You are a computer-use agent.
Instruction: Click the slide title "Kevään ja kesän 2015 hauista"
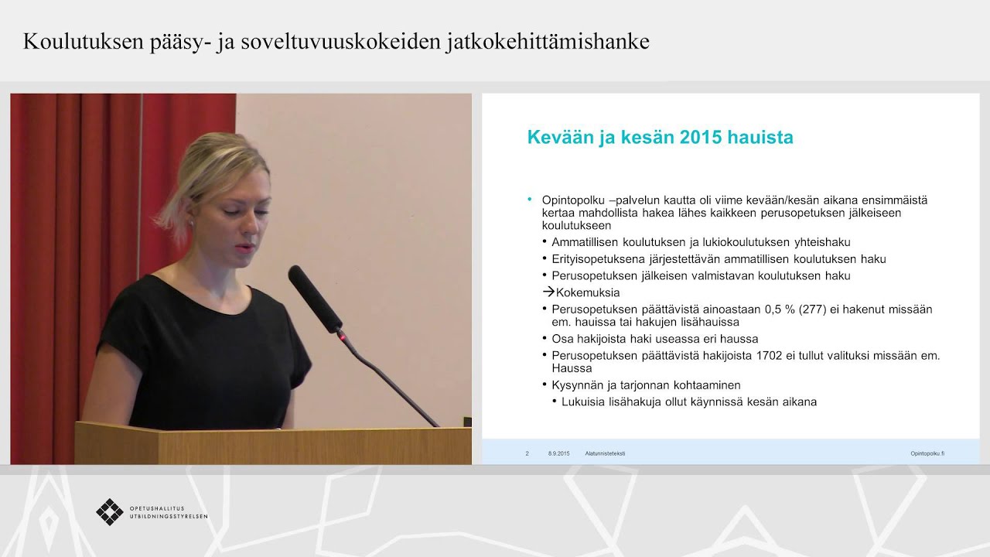point(660,138)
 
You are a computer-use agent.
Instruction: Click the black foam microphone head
point(315,298)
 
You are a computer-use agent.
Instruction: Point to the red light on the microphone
point(338,336)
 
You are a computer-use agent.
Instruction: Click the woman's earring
point(191,221)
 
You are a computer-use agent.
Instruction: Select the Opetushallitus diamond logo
point(110,511)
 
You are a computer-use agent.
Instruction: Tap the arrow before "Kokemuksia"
point(548,292)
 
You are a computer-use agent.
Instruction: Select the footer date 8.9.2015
point(558,453)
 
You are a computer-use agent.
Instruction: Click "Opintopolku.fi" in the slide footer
point(927,453)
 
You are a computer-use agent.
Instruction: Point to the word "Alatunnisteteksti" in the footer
point(605,453)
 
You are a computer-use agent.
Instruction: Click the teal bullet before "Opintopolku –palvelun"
point(530,200)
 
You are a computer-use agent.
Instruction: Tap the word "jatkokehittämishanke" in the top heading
point(548,41)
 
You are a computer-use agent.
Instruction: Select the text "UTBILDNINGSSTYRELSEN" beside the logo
point(169,516)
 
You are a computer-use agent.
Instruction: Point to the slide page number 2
point(527,453)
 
